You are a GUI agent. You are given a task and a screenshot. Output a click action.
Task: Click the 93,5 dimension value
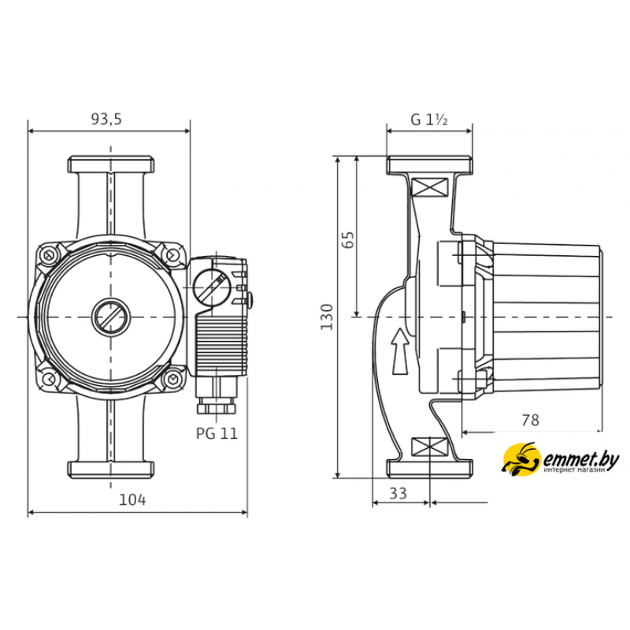tap(106, 120)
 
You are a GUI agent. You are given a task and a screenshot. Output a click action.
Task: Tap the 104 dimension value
tap(132, 499)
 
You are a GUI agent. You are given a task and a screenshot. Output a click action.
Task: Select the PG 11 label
tap(217, 433)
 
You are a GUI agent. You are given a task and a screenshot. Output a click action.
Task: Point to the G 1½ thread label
tap(429, 120)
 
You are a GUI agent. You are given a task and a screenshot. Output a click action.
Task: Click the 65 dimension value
tap(349, 240)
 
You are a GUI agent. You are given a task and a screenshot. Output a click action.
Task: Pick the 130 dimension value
tap(327, 317)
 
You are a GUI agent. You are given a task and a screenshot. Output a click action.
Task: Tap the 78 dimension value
tap(530, 421)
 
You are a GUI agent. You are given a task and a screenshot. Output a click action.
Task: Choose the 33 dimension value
tap(398, 494)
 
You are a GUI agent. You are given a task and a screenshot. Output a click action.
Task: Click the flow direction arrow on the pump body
tap(400, 351)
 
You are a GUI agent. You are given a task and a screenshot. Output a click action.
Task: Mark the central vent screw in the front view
tap(110, 317)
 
